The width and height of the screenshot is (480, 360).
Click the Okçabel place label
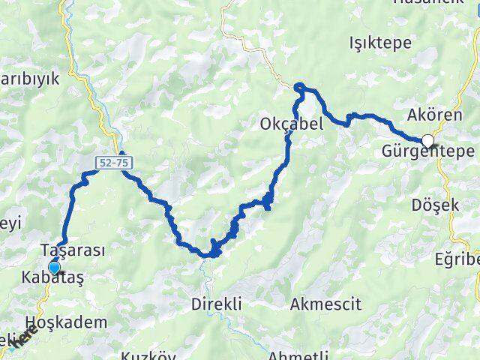[x=292, y=124]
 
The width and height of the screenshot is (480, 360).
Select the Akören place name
[x=429, y=115]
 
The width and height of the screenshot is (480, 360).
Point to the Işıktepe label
[x=380, y=43]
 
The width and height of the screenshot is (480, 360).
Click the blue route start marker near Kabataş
[x=54, y=266]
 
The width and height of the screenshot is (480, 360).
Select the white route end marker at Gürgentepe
[x=427, y=140]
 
